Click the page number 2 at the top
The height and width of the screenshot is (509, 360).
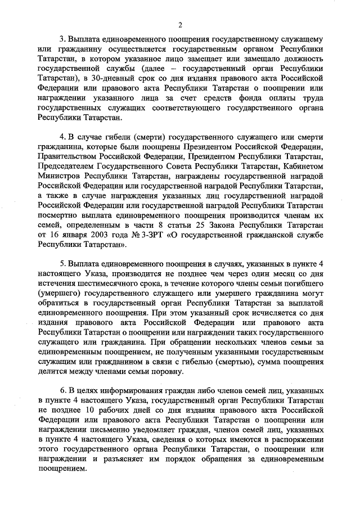click(180, 24)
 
